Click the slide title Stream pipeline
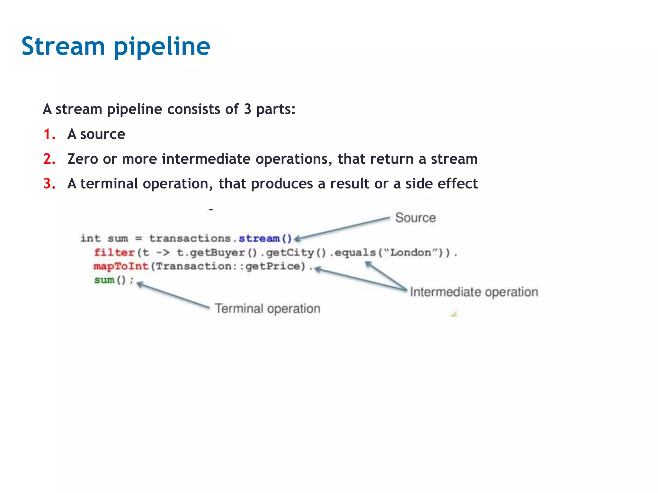pos(116,47)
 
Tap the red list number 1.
pos(49,134)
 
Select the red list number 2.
pos(49,159)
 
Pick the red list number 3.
pos(49,184)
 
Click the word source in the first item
pos(102,134)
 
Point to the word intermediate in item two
pos(206,159)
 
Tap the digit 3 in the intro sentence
pos(247,109)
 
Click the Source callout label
pos(415,218)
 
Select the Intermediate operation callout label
pos(474,292)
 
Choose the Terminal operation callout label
pos(267,308)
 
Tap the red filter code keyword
pos(114,253)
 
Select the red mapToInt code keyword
pos(121,266)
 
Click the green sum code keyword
pos(104,280)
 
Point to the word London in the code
pos(410,253)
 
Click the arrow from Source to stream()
pos(342,228)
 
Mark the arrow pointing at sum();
pos(173,295)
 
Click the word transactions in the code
pos(190,238)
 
